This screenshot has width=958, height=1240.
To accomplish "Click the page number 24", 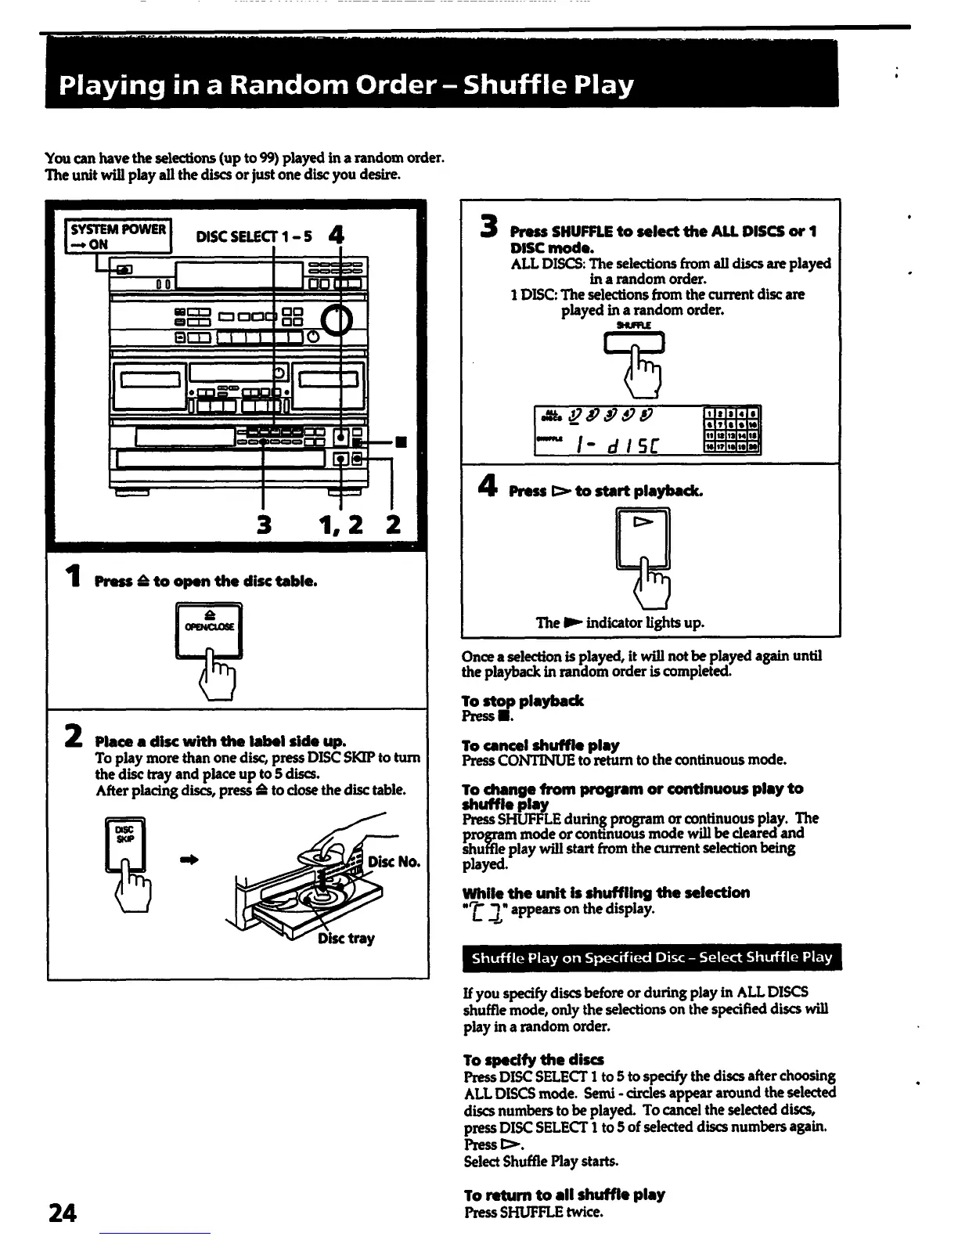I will click(x=62, y=1213).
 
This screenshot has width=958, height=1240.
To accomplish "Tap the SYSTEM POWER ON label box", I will click(x=117, y=236).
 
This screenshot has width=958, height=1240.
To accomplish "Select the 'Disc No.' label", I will click(x=394, y=863).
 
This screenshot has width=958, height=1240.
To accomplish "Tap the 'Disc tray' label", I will click(x=346, y=938).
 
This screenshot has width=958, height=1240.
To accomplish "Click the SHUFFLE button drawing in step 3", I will click(x=634, y=343).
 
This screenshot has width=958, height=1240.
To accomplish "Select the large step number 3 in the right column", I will click(x=490, y=226).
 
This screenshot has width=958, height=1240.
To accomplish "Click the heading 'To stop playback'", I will click(x=523, y=701).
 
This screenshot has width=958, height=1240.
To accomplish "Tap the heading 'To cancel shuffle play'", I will click(x=541, y=745).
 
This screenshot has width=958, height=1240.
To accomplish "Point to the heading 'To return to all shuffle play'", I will click(x=564, y=1195).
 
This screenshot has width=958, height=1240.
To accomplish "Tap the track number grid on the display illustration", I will click(x=733, y=430).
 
